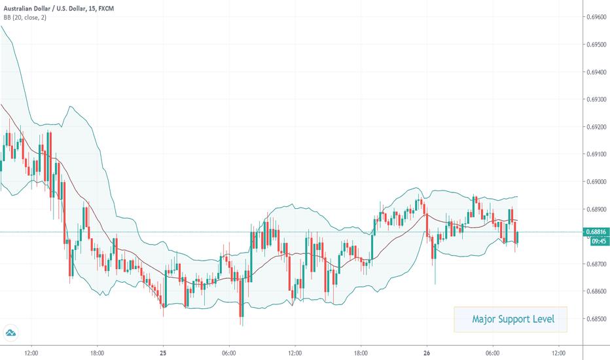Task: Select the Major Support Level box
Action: (x=511, y=319)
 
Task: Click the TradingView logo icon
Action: (x=11, y=334)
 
